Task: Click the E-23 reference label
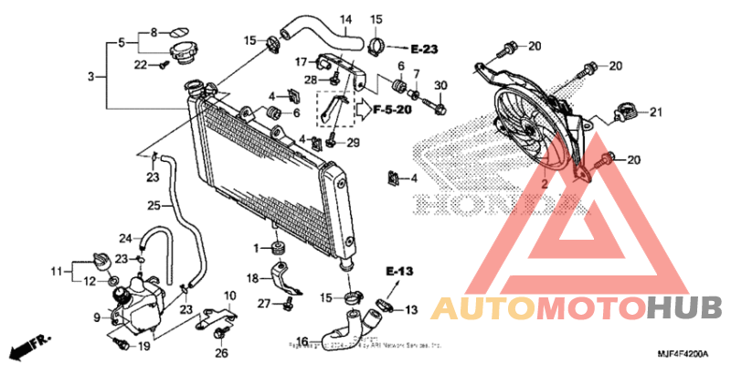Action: [426, 47]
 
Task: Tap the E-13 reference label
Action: [399, 272]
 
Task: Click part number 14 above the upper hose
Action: [345, 19]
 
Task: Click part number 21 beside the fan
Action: [654, 113]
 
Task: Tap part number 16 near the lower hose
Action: [302, 342]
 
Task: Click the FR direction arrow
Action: [28, 346]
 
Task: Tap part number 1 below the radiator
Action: [257, 248]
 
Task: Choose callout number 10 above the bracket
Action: [229, 296]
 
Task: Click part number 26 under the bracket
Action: [220, 353]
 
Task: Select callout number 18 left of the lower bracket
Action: [252, 277]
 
